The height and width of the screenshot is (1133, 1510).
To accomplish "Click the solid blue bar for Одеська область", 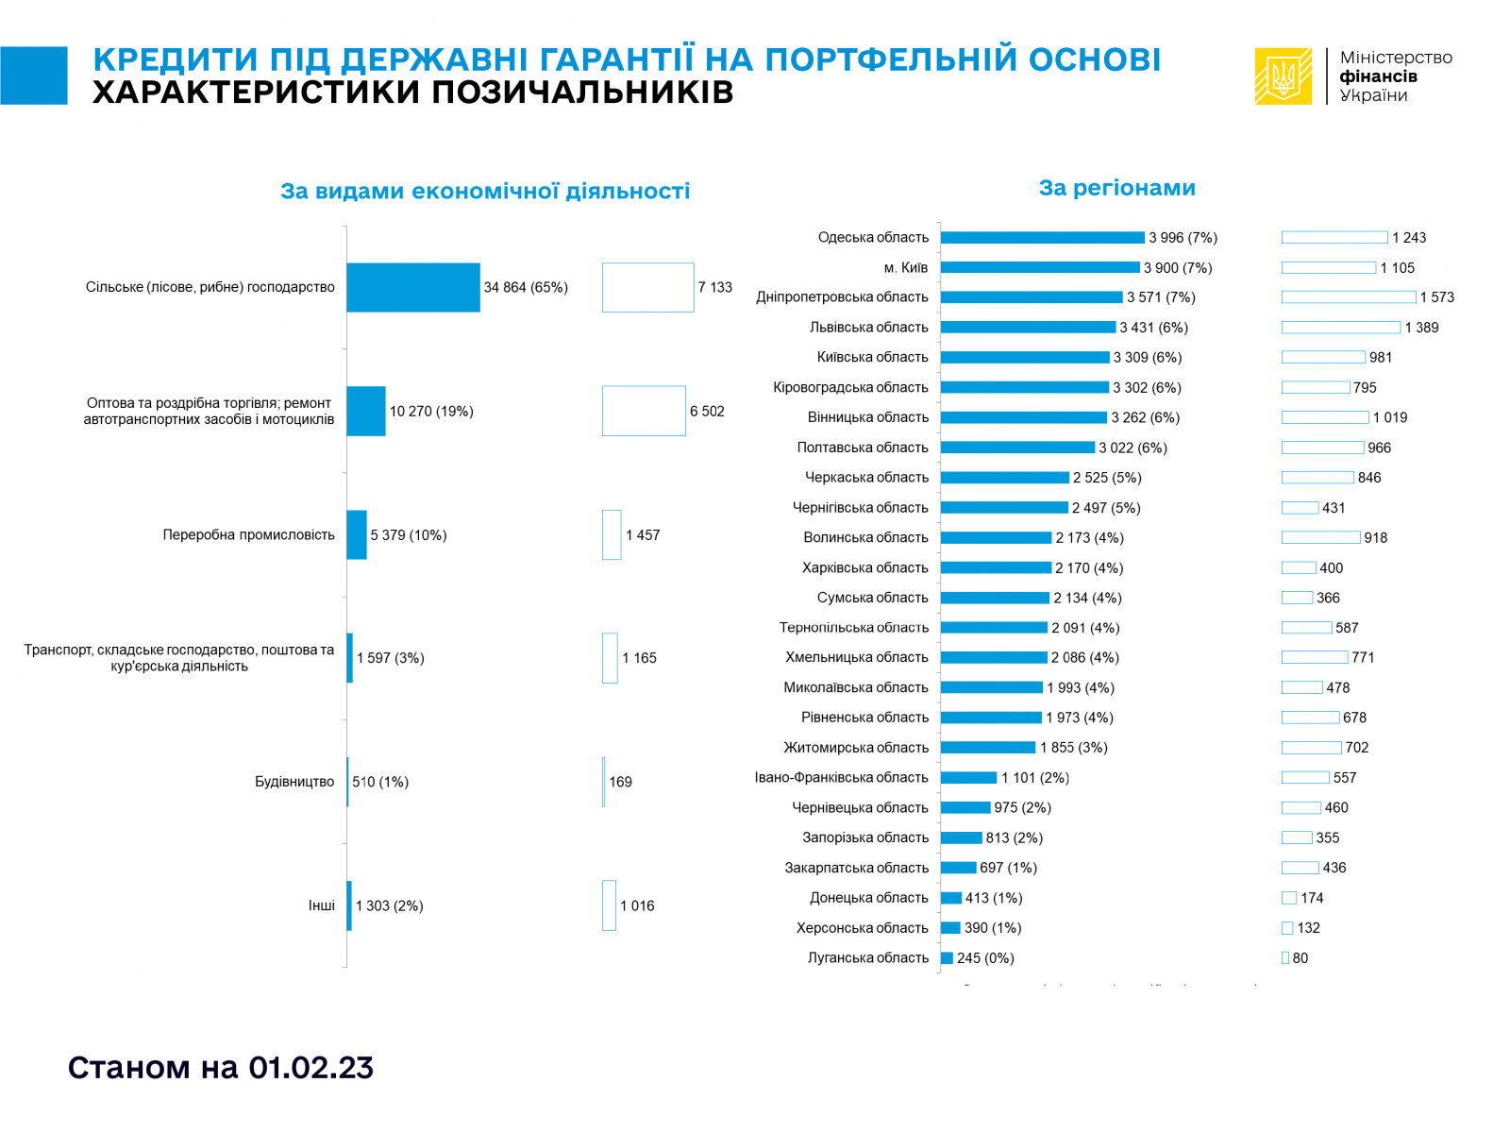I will tap(1042, 238).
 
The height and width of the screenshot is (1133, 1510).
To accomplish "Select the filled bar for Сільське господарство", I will tap(412, 287).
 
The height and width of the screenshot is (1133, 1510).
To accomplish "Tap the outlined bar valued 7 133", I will tap(647, 287).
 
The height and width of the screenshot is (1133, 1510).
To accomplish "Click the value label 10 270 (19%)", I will tap(431, 412).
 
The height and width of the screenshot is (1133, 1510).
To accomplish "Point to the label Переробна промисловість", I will tap(248, 535).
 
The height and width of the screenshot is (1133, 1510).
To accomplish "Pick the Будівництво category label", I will tap(294, 782).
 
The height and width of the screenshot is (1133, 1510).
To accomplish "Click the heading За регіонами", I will tap(1116, 188).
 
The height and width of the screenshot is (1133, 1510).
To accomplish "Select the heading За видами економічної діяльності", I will tap(485, 192).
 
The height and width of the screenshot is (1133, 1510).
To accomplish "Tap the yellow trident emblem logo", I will tap(1283, 76).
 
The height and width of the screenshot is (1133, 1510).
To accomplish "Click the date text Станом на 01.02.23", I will tap(221, 1068).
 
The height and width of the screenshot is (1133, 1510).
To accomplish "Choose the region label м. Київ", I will tap(905, 268).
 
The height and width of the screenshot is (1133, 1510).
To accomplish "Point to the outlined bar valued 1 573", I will tap(1349, 297).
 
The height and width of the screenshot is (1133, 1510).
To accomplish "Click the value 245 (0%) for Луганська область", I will tap(985, 958).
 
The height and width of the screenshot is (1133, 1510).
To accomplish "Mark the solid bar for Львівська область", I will tap(1028, 328).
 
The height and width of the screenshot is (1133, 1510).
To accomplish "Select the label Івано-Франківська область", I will tap(841, 778).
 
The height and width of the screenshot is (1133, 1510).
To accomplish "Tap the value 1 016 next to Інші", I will tap(637, 906).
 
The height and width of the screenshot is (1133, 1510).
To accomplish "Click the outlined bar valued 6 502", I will tap(644, 411).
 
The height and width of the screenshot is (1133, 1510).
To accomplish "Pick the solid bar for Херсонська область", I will tap(950, 928).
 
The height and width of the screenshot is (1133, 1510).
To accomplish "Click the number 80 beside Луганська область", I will tap(1300, 958).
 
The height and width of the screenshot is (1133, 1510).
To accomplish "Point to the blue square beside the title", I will tap(34, 76).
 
